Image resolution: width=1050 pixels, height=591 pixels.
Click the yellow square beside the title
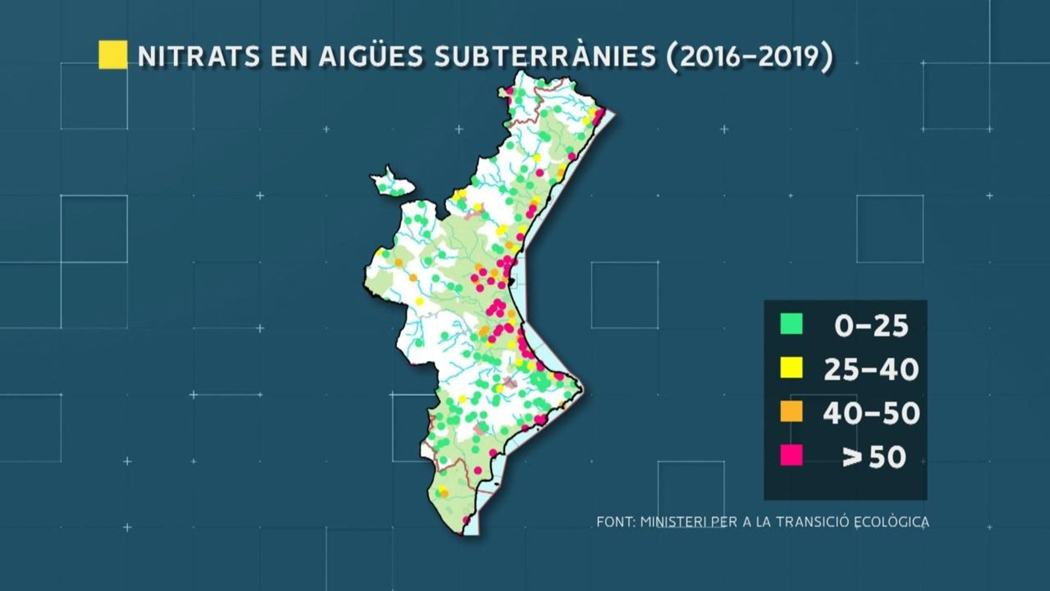pos(113,55)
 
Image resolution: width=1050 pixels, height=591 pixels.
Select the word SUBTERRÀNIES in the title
pos(545,56)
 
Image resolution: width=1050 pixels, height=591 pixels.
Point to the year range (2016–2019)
pos(749,56)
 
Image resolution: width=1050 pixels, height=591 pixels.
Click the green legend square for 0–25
pos(791,324)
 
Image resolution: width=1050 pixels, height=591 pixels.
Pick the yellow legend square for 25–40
pos(791,368)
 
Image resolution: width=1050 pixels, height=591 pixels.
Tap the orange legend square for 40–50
pos(791,412)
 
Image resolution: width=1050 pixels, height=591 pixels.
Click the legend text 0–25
pos(871,326)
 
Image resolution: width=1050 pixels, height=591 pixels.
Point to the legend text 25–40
pos(871,370)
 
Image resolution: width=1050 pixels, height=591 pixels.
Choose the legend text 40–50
pos(871,413)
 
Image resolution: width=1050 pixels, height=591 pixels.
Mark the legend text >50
pos(874,457)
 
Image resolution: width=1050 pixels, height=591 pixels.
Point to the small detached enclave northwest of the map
pos(391,183)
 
